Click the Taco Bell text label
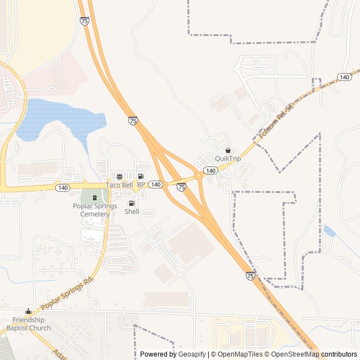pyautogui.click(x=120, y=185)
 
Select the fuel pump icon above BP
pyautogui.click(x=141, y=177)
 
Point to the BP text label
pyautogui.click(x=141, y=185)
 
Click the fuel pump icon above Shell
pyautogui.click(x=132, y=204)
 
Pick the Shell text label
pyautogui.click(x=132, y=212)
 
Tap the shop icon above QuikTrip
pyautogui.click(x=228, y=151)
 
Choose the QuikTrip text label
pyautogui.click(x=228, y=159)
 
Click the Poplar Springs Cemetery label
pyautogui.click(x=95, y=210)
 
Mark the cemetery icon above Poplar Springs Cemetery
pyautogui.click(x=94, y=197)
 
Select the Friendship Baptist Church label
pyautogui.click(x=29, y=324)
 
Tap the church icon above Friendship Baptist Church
pyautogui.click(x=28, y=312)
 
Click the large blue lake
pyautogui.click(x=53, y=118)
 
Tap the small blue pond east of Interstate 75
pyautogui.click(x=330, y=231)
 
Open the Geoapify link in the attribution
pyautogui.click(x=192, y=354)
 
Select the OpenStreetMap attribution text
pyautogui.click(x=291, y=354)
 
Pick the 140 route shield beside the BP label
pyautogui.click(x=156, y=184)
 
